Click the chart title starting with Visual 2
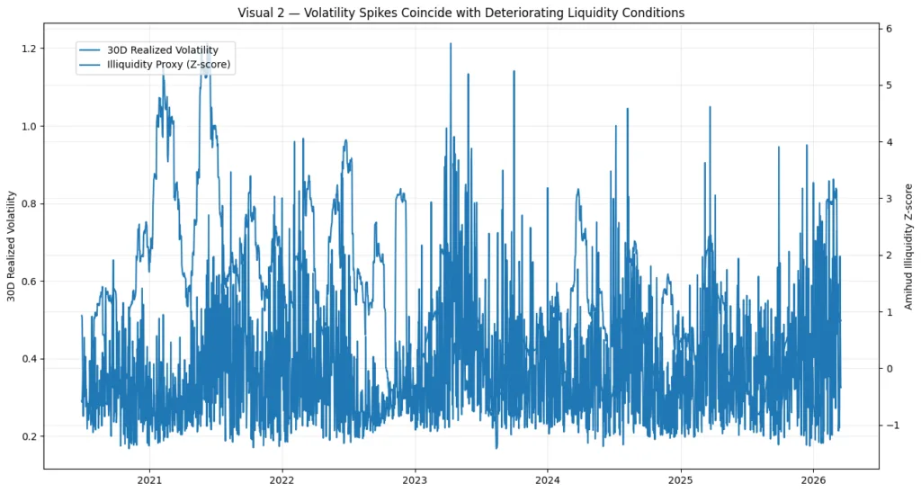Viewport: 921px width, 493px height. pyautogui.click(x=460, y=13)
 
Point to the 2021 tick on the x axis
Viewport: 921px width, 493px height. pyautogui.click(x=149, y=481)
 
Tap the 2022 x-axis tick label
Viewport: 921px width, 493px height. pyautogui.click(x=282, y=481)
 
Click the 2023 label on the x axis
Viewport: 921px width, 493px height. pyautogui.click(x=415, y=481)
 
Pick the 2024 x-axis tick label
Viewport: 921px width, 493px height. pyautogui.click(x=548, y=481)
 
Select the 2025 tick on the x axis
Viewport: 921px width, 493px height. pyautogui.click(x=681, y=481)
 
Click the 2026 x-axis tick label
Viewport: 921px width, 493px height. pyautogui.click(x=813, y=481)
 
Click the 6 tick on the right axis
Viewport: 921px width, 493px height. pyautogui.click(x=888, y=29)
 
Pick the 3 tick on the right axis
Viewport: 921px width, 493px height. pyautogui.click(x=888, y=199)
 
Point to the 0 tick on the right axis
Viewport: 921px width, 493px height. pyautogui.click(x=888, y=369)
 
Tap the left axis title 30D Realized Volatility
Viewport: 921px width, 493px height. pyautogui.click(x=12, y=246)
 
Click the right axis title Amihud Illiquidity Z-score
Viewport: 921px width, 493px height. pyautogui.click(x=908, y=246)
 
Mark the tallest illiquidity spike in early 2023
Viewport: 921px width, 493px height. pyautogui.click(x=450, y=44)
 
